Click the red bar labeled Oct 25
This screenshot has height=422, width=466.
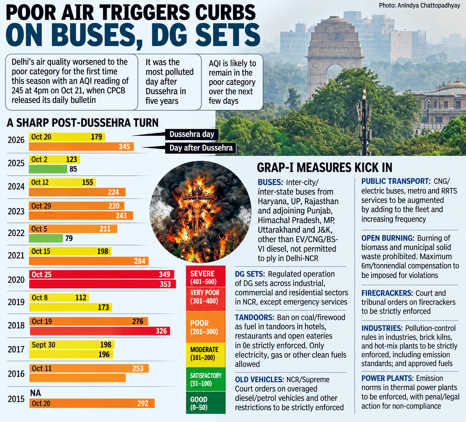(101, 274)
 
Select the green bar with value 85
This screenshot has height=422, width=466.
(48, 169)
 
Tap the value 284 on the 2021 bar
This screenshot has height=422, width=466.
(140, 261)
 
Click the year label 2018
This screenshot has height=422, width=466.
(16, 325)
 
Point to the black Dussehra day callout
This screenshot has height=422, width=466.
(192, 134)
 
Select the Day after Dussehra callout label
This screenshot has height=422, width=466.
(201, 148)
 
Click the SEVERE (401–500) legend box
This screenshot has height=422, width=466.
(205, 276)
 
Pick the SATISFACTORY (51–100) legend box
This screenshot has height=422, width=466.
(205, 379)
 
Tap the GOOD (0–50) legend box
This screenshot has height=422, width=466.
(205, 403)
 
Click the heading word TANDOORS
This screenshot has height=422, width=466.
(254, 317)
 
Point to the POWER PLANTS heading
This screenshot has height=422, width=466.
(387, 378)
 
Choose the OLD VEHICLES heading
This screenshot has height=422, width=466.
(259, 380)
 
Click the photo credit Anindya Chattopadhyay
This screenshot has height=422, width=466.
(429, 5)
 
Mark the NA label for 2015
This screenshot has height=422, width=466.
(36, 393)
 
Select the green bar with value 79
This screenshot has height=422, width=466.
(46, 238)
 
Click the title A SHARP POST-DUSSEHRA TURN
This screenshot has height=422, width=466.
(82, 123)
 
